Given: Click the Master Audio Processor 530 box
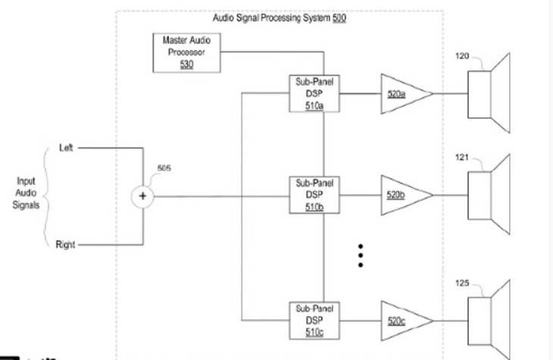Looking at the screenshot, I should point(186,52).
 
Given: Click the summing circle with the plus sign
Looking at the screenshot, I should point(142,196).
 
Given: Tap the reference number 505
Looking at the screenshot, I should point(164,167).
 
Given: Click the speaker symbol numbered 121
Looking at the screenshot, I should point(489,196).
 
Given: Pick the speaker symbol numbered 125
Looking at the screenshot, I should point(489,321).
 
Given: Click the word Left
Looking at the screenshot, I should point(66,148).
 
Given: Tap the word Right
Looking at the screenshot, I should point(65,245).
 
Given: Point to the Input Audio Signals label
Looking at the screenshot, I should point(25,193).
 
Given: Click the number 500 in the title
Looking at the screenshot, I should point(339,17).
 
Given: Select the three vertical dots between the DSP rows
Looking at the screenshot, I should point(361,255).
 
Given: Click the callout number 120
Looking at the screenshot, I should point(462,56).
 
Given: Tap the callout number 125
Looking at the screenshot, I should point(462,283).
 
